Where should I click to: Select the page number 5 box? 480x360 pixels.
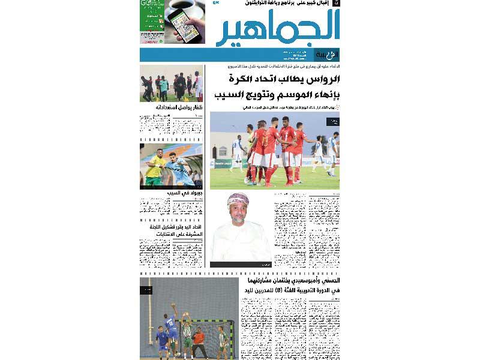point(336,4)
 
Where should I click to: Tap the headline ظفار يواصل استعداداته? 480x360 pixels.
point(173,108)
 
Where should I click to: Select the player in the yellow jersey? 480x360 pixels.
point(155,169)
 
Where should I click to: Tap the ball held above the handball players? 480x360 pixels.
point(173,304)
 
